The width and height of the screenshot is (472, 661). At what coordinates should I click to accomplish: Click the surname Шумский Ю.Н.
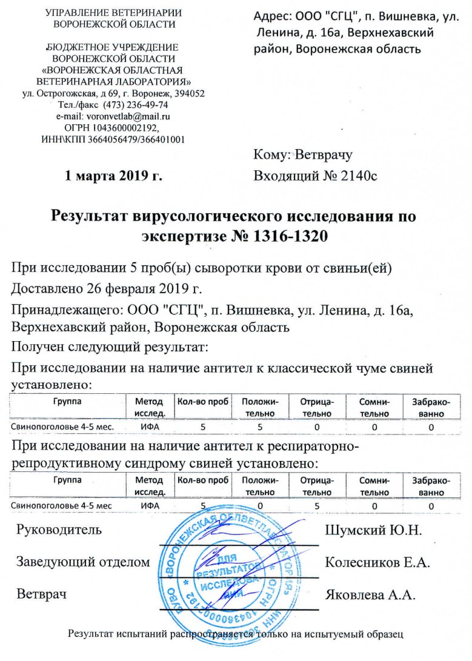pos(373,530)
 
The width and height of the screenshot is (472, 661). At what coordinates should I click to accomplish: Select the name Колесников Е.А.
pos(377,562)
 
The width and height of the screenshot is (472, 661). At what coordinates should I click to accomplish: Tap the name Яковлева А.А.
pos(370,594)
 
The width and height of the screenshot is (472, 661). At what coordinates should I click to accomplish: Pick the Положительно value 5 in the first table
pos(259,427)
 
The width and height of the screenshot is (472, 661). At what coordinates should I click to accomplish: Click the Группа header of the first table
pos(66,401)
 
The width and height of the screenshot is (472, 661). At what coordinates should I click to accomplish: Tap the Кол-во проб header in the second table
pos(202,480)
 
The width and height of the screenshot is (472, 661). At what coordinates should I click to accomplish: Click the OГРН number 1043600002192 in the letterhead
pos(130,127)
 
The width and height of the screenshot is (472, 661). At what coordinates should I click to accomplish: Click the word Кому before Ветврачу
pos(273,155)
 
